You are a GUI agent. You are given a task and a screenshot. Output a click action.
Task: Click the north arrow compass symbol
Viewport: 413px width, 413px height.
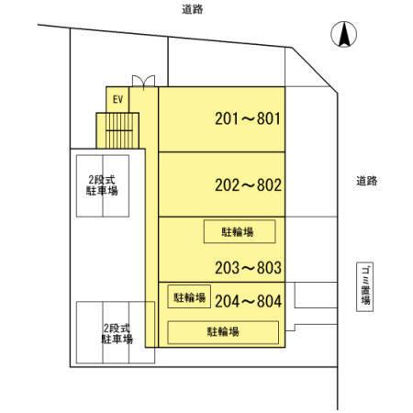pyautogui.click(x=344, y=34)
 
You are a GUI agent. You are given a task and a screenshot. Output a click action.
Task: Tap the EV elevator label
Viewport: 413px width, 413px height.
pyautogui.click(x=117, y=99)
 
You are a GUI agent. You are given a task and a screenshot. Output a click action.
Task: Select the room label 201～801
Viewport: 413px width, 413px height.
pyautogui.click(x=248, y=118)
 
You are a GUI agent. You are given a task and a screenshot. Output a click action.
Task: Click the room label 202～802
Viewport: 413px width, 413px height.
pyautogui.click(x=248, y=185)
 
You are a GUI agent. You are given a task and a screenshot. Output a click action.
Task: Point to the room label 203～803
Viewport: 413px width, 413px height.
pyautogui.click(x=248, y=268)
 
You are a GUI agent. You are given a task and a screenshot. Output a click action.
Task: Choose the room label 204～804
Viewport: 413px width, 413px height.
pyautogui.click(x=248, y=301)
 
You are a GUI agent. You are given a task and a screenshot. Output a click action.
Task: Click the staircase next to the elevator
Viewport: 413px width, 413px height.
pyautogui.click(x=117, y=130)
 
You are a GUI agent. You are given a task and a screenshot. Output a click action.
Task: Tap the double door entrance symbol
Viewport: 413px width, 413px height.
pyautogui.click(x=143, y=82)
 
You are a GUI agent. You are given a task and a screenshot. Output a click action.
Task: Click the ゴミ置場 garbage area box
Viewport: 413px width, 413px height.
pyautogui.click(x=365, y=286)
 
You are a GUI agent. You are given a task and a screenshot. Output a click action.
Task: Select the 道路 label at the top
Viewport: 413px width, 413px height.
pyautogui.click(x=193, y=9)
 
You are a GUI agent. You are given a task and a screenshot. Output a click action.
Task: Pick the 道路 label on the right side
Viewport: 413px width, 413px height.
pyautogui.click(x=367, y=181)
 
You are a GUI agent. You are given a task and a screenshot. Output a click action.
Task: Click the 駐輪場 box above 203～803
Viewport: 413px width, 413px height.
pyautogui.click(x=240, y=231)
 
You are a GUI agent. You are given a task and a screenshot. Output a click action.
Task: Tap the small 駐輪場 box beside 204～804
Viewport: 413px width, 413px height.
pyautogui.click(x=189, y=296)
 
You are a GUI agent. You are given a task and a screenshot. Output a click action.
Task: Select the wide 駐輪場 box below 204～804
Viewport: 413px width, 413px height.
pyautogui.click(x=223, y=332)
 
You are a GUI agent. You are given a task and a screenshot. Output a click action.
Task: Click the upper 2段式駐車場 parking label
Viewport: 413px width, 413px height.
pyautogui.click(x=102, y=185)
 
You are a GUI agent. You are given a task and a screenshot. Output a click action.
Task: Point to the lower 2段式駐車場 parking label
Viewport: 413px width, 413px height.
pyautogui.click(x=117, y=333)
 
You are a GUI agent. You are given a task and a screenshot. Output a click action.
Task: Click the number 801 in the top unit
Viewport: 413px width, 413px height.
pyautogui.click(x=269, y=118)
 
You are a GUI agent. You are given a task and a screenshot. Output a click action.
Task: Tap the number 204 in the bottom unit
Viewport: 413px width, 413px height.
pyautogui.click(x=227, y=301)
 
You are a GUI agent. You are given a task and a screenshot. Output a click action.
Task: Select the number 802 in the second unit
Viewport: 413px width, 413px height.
pyautogui.click(x=269, y=185)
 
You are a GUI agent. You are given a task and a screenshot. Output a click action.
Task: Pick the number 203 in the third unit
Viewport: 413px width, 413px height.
pyautogui.click(x=227, y=268)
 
